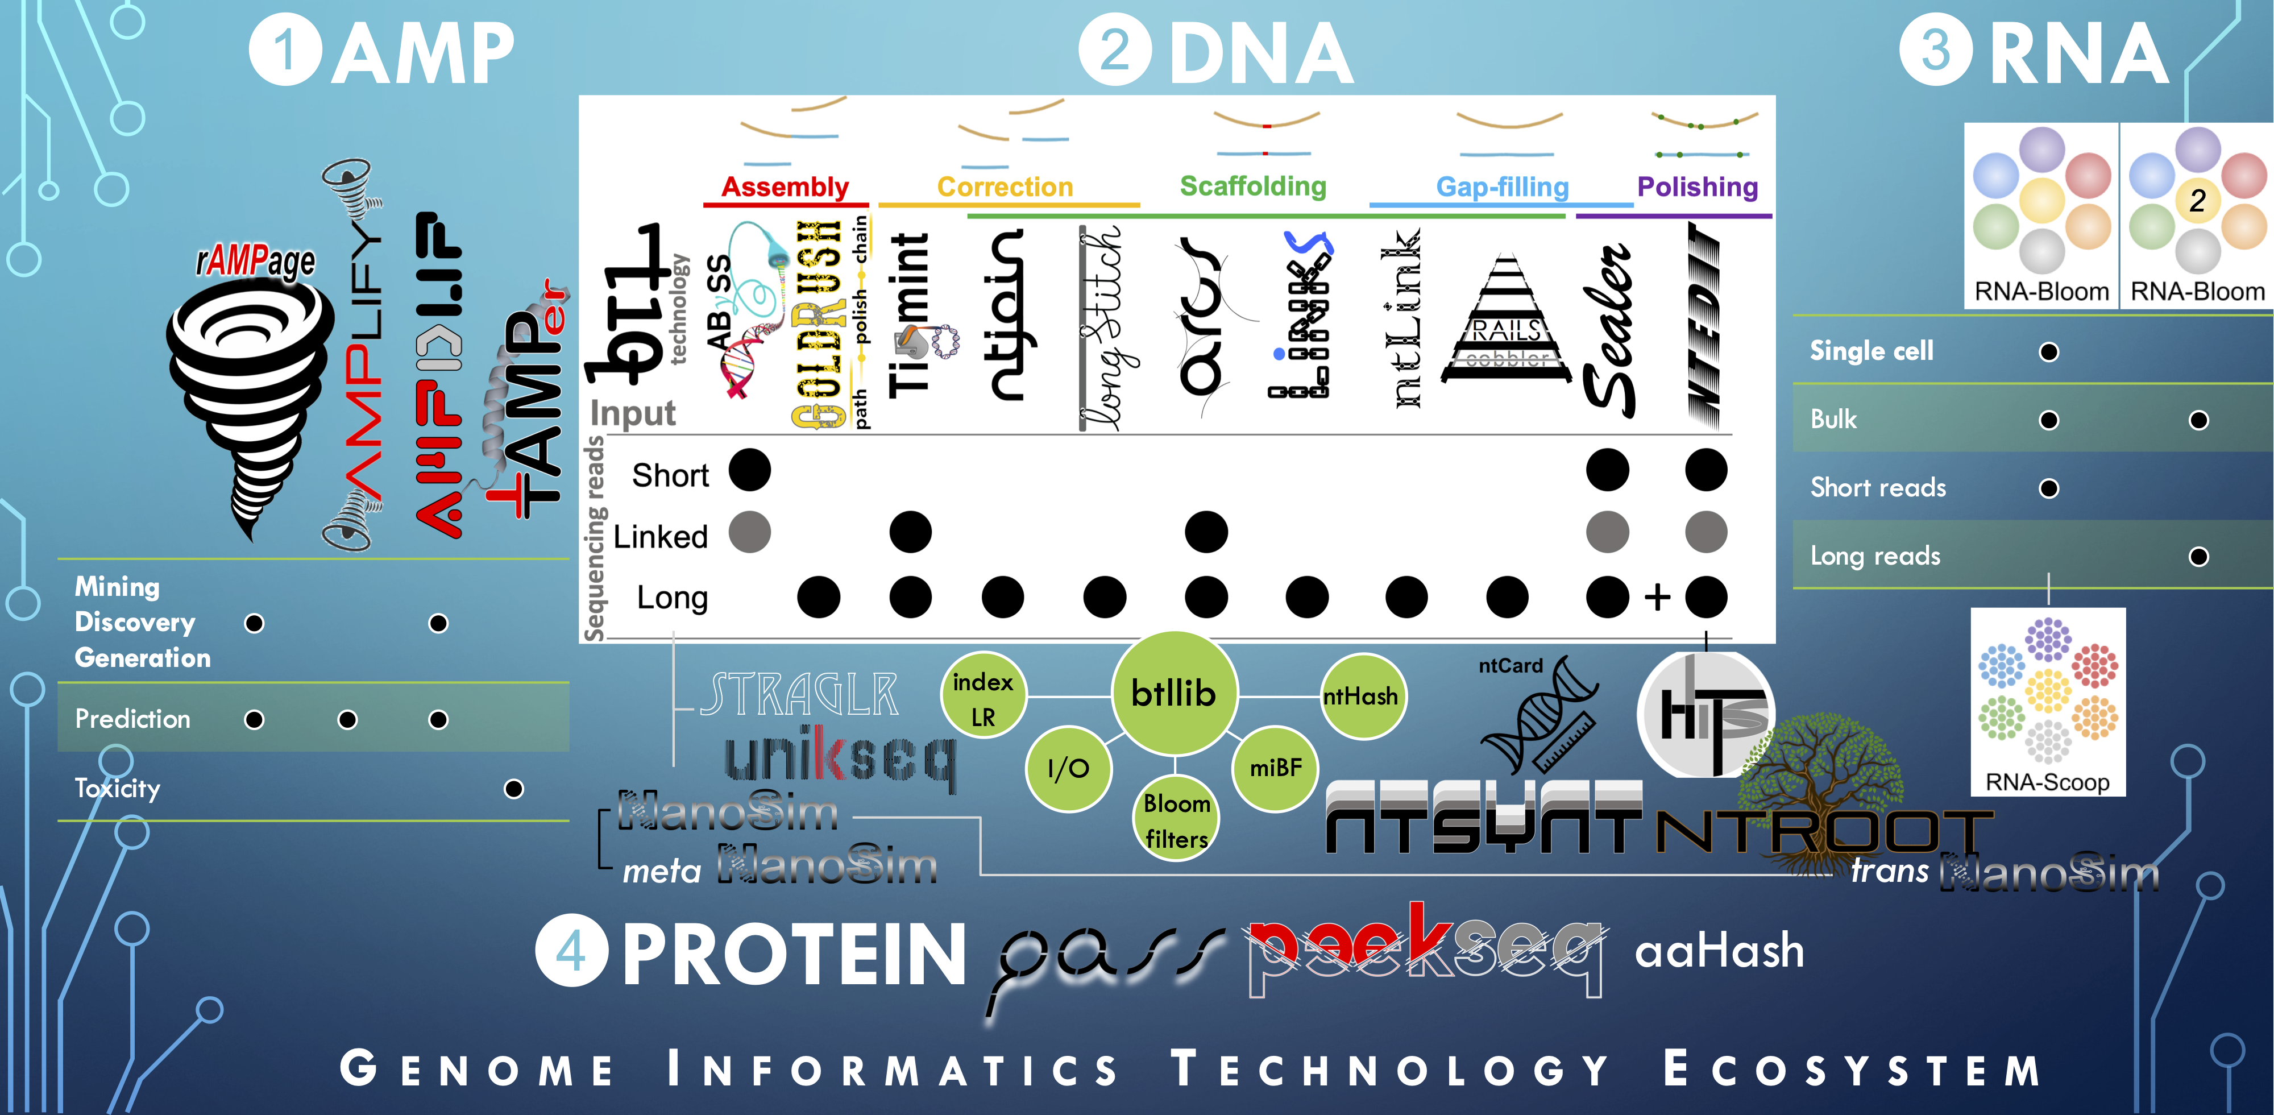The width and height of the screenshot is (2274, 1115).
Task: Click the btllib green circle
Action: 1173,694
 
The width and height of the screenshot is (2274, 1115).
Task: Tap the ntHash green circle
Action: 1360,697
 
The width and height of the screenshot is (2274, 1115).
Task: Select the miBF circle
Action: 1276,768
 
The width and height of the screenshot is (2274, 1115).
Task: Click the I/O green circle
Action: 1068,768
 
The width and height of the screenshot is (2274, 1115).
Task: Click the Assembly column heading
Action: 785,187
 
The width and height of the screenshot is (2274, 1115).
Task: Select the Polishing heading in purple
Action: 1696,187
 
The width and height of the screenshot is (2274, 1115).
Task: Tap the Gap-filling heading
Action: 1501,187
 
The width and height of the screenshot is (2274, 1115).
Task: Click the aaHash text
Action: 1719,951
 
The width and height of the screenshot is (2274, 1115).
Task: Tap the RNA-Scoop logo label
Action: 2047,782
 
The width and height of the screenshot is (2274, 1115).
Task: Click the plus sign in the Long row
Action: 1657,597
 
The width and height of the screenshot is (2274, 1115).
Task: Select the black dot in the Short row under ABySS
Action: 749,470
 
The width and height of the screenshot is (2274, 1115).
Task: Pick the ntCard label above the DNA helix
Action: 1511,666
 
